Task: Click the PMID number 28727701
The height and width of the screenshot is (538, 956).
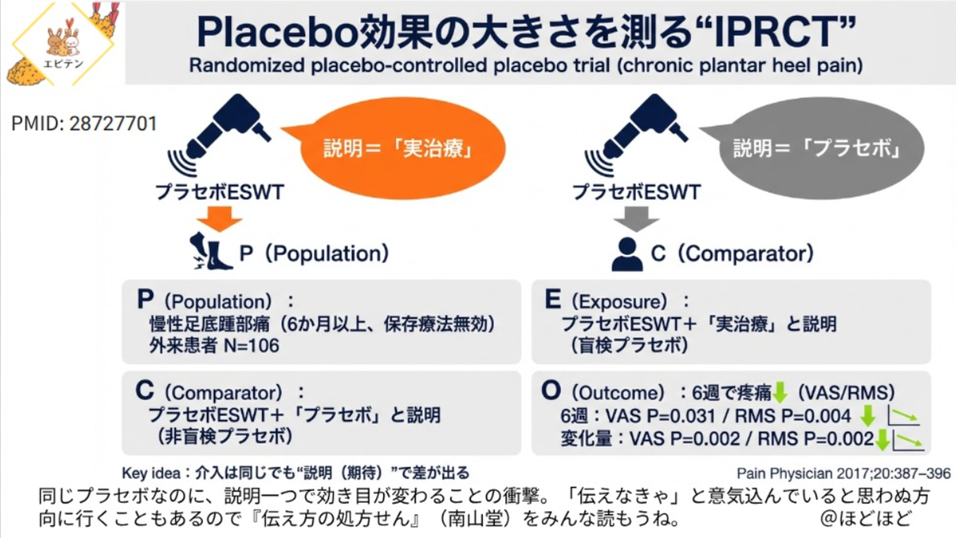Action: (113, 124)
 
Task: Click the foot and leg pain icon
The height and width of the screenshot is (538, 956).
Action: (211, 251)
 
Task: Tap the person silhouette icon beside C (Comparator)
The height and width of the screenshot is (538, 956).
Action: (627, 254)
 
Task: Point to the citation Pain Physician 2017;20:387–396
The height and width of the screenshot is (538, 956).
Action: (844, 473)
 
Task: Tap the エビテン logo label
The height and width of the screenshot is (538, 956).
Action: (63, 64)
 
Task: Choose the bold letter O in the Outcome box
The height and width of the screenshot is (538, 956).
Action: (551, 391)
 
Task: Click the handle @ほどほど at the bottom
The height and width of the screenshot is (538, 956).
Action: (866, 518)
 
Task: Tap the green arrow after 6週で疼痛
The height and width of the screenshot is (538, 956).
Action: (780, 393)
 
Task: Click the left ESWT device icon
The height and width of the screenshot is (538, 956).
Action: (219, 135)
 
